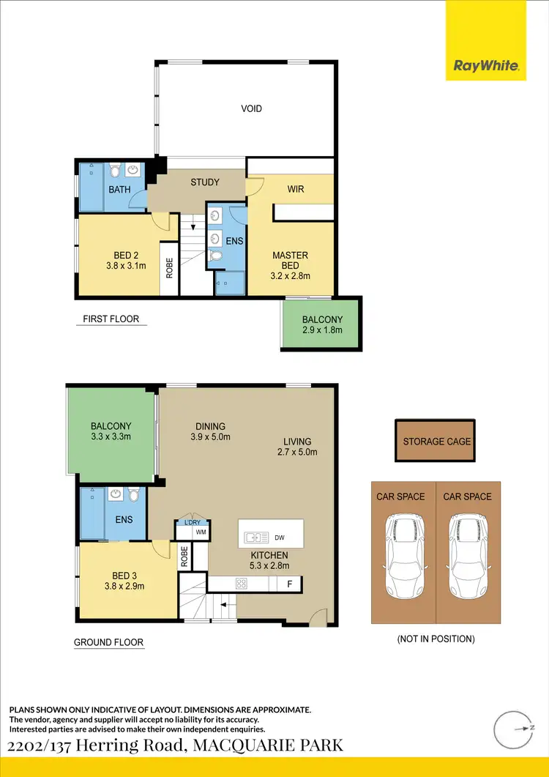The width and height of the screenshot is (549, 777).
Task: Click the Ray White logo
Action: (x=486, y=66)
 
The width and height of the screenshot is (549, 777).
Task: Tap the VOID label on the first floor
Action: (x=251, y=109)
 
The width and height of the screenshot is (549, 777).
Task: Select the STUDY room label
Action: (x=205, y=182)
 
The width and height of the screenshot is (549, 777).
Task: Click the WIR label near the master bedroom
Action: (x=295, y=189)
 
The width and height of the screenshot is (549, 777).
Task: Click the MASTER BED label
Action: (x=290, y=260)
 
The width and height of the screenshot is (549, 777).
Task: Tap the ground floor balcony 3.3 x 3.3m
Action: (x=111, y=431)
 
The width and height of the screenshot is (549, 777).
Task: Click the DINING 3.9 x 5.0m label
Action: (x=210, y=431)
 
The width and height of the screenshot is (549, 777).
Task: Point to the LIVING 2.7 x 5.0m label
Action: (x=297, y=447)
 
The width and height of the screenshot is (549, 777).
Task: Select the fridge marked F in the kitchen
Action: (x=289, y=584)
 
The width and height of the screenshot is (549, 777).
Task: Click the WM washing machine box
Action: (x=201, y=532)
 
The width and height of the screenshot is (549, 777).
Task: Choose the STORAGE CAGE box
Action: (x=436, y=441)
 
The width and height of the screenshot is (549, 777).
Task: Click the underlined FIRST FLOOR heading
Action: (x=111, y=319)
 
